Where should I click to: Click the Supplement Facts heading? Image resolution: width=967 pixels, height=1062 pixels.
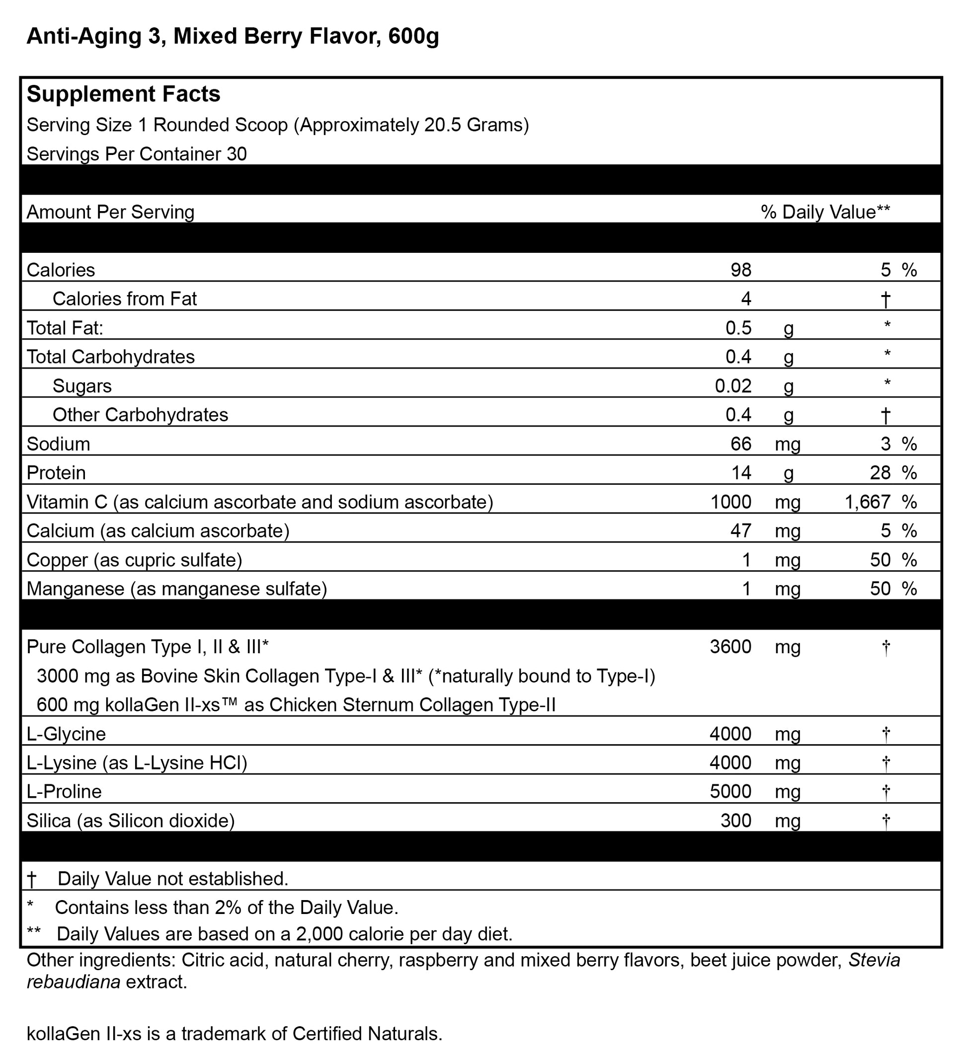(123, 94)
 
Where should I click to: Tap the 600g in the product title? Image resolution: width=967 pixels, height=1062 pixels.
(413, 36)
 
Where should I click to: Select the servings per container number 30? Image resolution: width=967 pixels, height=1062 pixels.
(237, 154)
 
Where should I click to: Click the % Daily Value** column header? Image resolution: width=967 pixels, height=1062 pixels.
(825, 212)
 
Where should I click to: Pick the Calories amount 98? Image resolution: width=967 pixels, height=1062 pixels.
(740, 270)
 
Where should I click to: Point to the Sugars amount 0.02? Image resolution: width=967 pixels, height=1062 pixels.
(732, 386)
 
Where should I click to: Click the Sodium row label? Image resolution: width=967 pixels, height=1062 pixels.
(59, 444)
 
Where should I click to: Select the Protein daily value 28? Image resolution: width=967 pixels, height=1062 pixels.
(880, 473)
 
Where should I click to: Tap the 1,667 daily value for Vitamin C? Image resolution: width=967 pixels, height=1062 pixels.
(868, 502)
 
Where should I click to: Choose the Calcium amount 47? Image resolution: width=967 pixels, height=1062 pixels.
(740, 531)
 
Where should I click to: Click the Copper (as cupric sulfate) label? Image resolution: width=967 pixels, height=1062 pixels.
(134, 560)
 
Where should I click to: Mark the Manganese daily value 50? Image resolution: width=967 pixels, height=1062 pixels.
(880, 589)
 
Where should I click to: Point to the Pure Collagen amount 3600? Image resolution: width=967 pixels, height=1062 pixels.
(730, 647)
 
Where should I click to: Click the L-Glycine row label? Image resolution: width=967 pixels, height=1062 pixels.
(67, 734)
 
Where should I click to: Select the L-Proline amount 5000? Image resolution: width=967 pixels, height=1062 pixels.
(730, 792)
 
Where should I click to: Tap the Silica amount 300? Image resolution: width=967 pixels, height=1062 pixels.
(735, 821)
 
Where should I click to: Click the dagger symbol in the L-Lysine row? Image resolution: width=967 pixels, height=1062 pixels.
(886, 762)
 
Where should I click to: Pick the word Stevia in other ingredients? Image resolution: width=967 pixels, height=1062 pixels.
(874, 960)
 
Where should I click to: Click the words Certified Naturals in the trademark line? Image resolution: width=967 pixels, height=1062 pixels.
(366, 1034)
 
